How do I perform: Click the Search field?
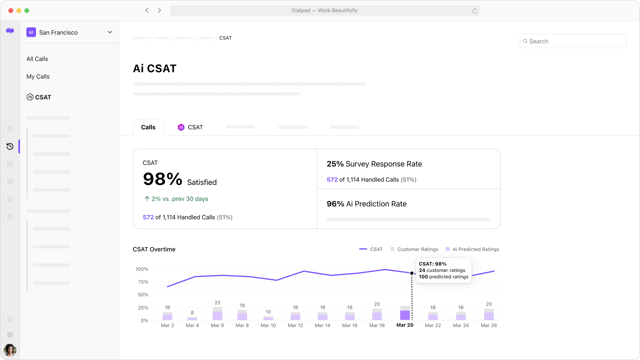click(573, 41)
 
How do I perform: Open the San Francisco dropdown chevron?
click(110, 32)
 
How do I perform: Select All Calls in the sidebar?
click(37, 59)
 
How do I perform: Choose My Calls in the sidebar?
click(38, 76)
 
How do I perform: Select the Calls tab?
click(148, 127)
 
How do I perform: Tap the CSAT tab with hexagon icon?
click(190, 127)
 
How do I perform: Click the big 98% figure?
click(163, 179)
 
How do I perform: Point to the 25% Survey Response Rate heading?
click(374, 164)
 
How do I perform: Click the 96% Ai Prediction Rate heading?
click(367, 204)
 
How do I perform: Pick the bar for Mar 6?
click(218, 314)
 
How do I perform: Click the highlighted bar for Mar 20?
click(405, 314)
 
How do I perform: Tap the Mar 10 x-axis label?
click(268, 326)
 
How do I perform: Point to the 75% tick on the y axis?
click(143, 282)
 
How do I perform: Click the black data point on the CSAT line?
click(412, 273)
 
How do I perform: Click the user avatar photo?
click(10, 350)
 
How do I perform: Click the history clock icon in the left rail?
click(10, 147)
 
